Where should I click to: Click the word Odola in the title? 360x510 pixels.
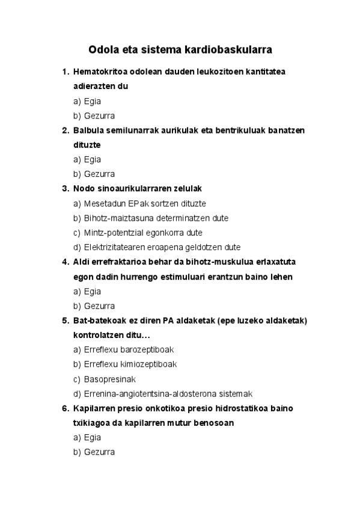point(103,48)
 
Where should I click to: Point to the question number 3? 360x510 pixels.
point(65,188)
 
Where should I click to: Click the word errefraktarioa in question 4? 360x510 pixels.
point(119,262)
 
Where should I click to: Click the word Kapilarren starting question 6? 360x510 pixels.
point(93,408)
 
